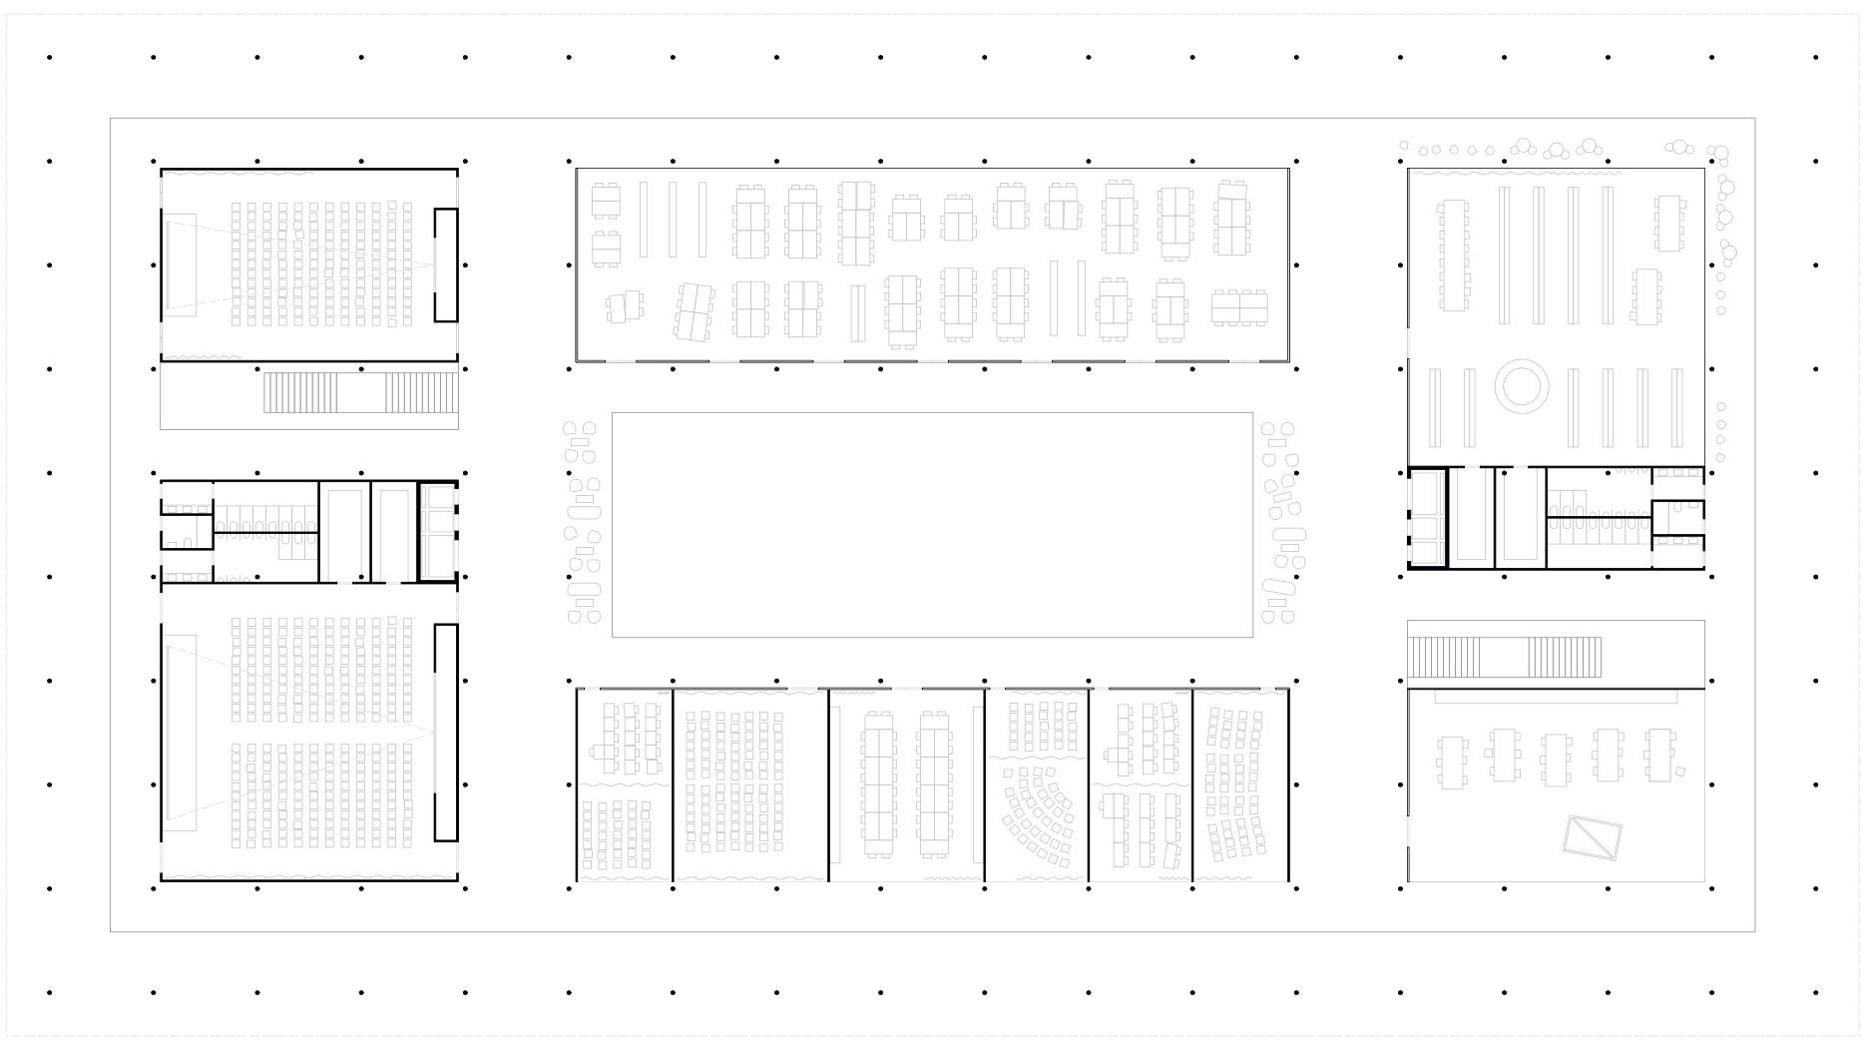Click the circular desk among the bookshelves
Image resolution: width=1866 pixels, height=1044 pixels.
point(1521,384)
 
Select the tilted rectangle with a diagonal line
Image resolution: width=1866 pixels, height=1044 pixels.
point(1592,837)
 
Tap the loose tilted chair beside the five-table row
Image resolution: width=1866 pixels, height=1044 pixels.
point(1680,771)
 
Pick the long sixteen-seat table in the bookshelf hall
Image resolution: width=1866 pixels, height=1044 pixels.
point(1455,255)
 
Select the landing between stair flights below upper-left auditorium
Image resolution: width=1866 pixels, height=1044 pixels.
point(361,392)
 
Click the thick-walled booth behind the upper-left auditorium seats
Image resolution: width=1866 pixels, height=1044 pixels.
point(446,264)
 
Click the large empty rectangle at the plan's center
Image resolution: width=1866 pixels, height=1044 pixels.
point(932,524)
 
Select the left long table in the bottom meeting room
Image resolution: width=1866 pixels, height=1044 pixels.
point(879,783)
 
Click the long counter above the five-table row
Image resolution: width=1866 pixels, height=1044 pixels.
point(1555,698)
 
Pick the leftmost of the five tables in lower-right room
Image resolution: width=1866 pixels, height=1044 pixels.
point(1453,762)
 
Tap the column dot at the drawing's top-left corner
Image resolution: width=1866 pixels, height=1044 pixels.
point(50,58)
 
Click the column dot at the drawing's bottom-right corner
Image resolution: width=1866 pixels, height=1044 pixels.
point(1815,993)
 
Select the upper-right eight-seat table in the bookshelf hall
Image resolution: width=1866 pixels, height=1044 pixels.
point(1668,224)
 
